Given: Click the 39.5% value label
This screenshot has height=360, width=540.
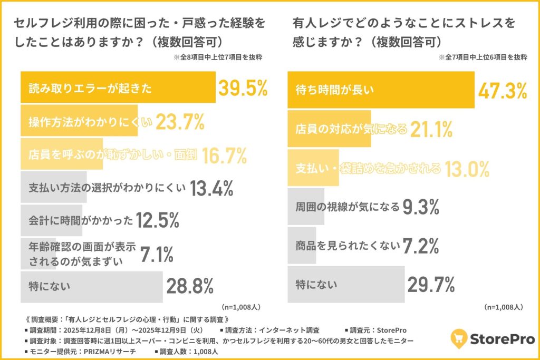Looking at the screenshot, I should (243, 88).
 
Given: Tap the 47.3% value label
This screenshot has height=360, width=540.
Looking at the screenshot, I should (502, 90).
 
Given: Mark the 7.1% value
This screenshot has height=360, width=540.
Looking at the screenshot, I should (157, 255).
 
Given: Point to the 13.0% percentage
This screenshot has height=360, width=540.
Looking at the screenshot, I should (467, 169).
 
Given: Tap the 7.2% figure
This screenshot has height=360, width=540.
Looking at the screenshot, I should (421, 245).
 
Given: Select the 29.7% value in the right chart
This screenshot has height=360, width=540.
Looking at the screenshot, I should (431, 285).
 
